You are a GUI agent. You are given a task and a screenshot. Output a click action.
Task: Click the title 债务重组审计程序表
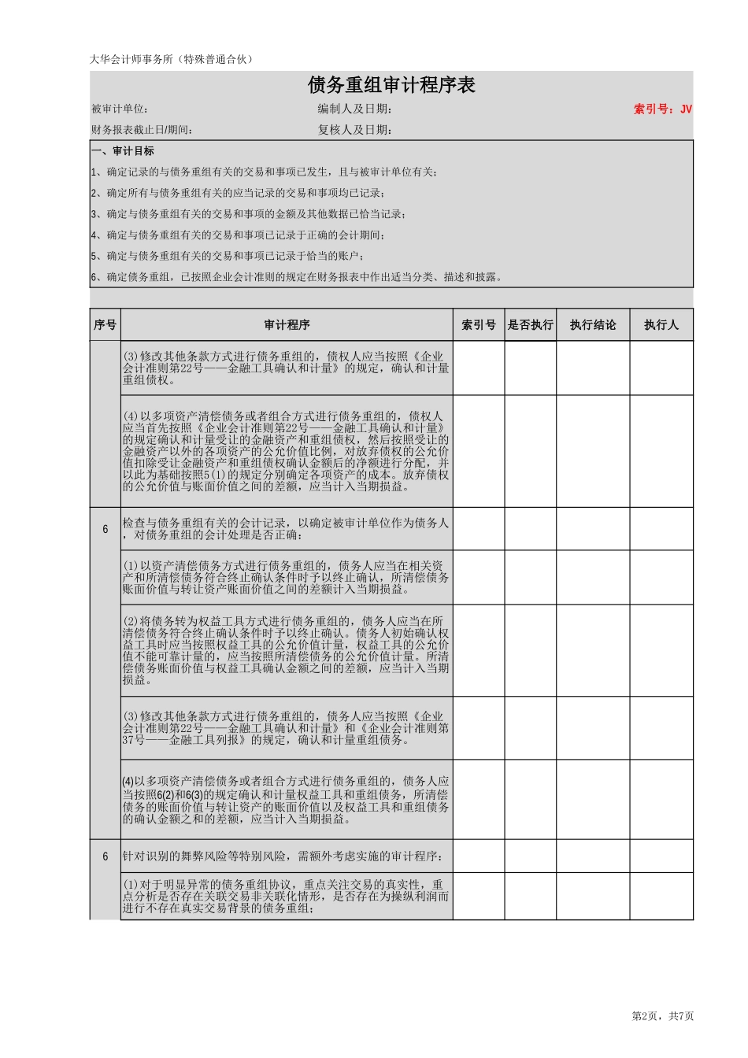[391, 85]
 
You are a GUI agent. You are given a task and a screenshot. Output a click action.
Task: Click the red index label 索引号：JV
[662, 109]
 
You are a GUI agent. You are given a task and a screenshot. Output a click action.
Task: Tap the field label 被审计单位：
[120, 109]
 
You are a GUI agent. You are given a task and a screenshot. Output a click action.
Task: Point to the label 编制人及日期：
[354, 109]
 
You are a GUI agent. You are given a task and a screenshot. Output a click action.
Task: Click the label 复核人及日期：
[354, 130]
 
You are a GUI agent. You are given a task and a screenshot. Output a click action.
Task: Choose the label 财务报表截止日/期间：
[142, 130]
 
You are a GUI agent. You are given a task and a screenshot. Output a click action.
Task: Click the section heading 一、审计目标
[123, 151]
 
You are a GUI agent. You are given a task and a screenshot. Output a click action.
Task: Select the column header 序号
[105, 325]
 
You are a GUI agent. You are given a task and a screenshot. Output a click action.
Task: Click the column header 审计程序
[287, 325]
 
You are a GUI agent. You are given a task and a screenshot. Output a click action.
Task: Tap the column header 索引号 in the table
[479, 325]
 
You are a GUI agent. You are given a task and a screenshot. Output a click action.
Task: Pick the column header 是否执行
[531, 325]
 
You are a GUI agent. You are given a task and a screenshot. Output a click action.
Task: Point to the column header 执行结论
[593, 325]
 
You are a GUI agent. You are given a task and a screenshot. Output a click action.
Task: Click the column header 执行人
[661, 325]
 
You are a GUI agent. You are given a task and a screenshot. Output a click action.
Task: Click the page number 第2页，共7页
[663, 1016]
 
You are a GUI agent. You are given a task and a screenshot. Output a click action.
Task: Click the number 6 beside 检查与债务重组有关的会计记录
[106, 530]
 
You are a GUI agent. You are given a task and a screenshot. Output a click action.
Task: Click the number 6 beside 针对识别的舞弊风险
[106, 856]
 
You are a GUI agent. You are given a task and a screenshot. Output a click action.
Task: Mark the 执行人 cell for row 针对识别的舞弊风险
[661, 856]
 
